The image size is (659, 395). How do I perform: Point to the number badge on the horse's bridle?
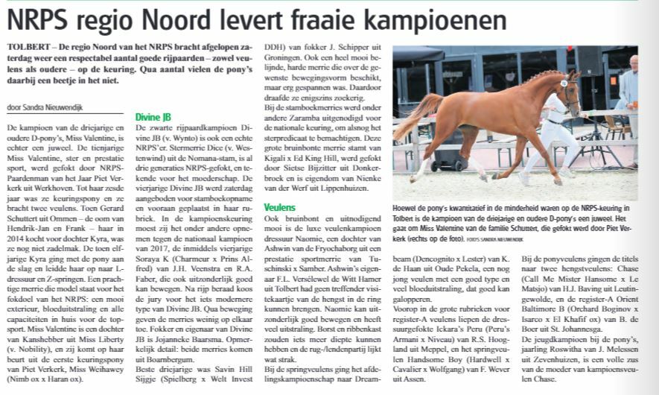(564, 83)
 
